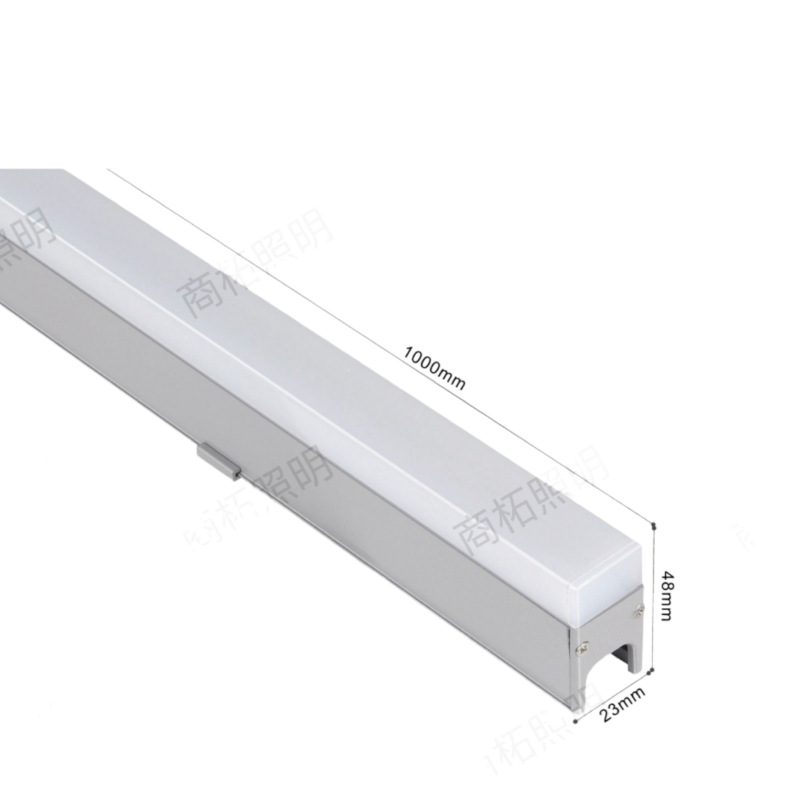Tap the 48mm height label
pos(665,594)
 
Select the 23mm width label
pos(622,704)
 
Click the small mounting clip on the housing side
pos(222,459)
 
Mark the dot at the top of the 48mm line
pos(653,523)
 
